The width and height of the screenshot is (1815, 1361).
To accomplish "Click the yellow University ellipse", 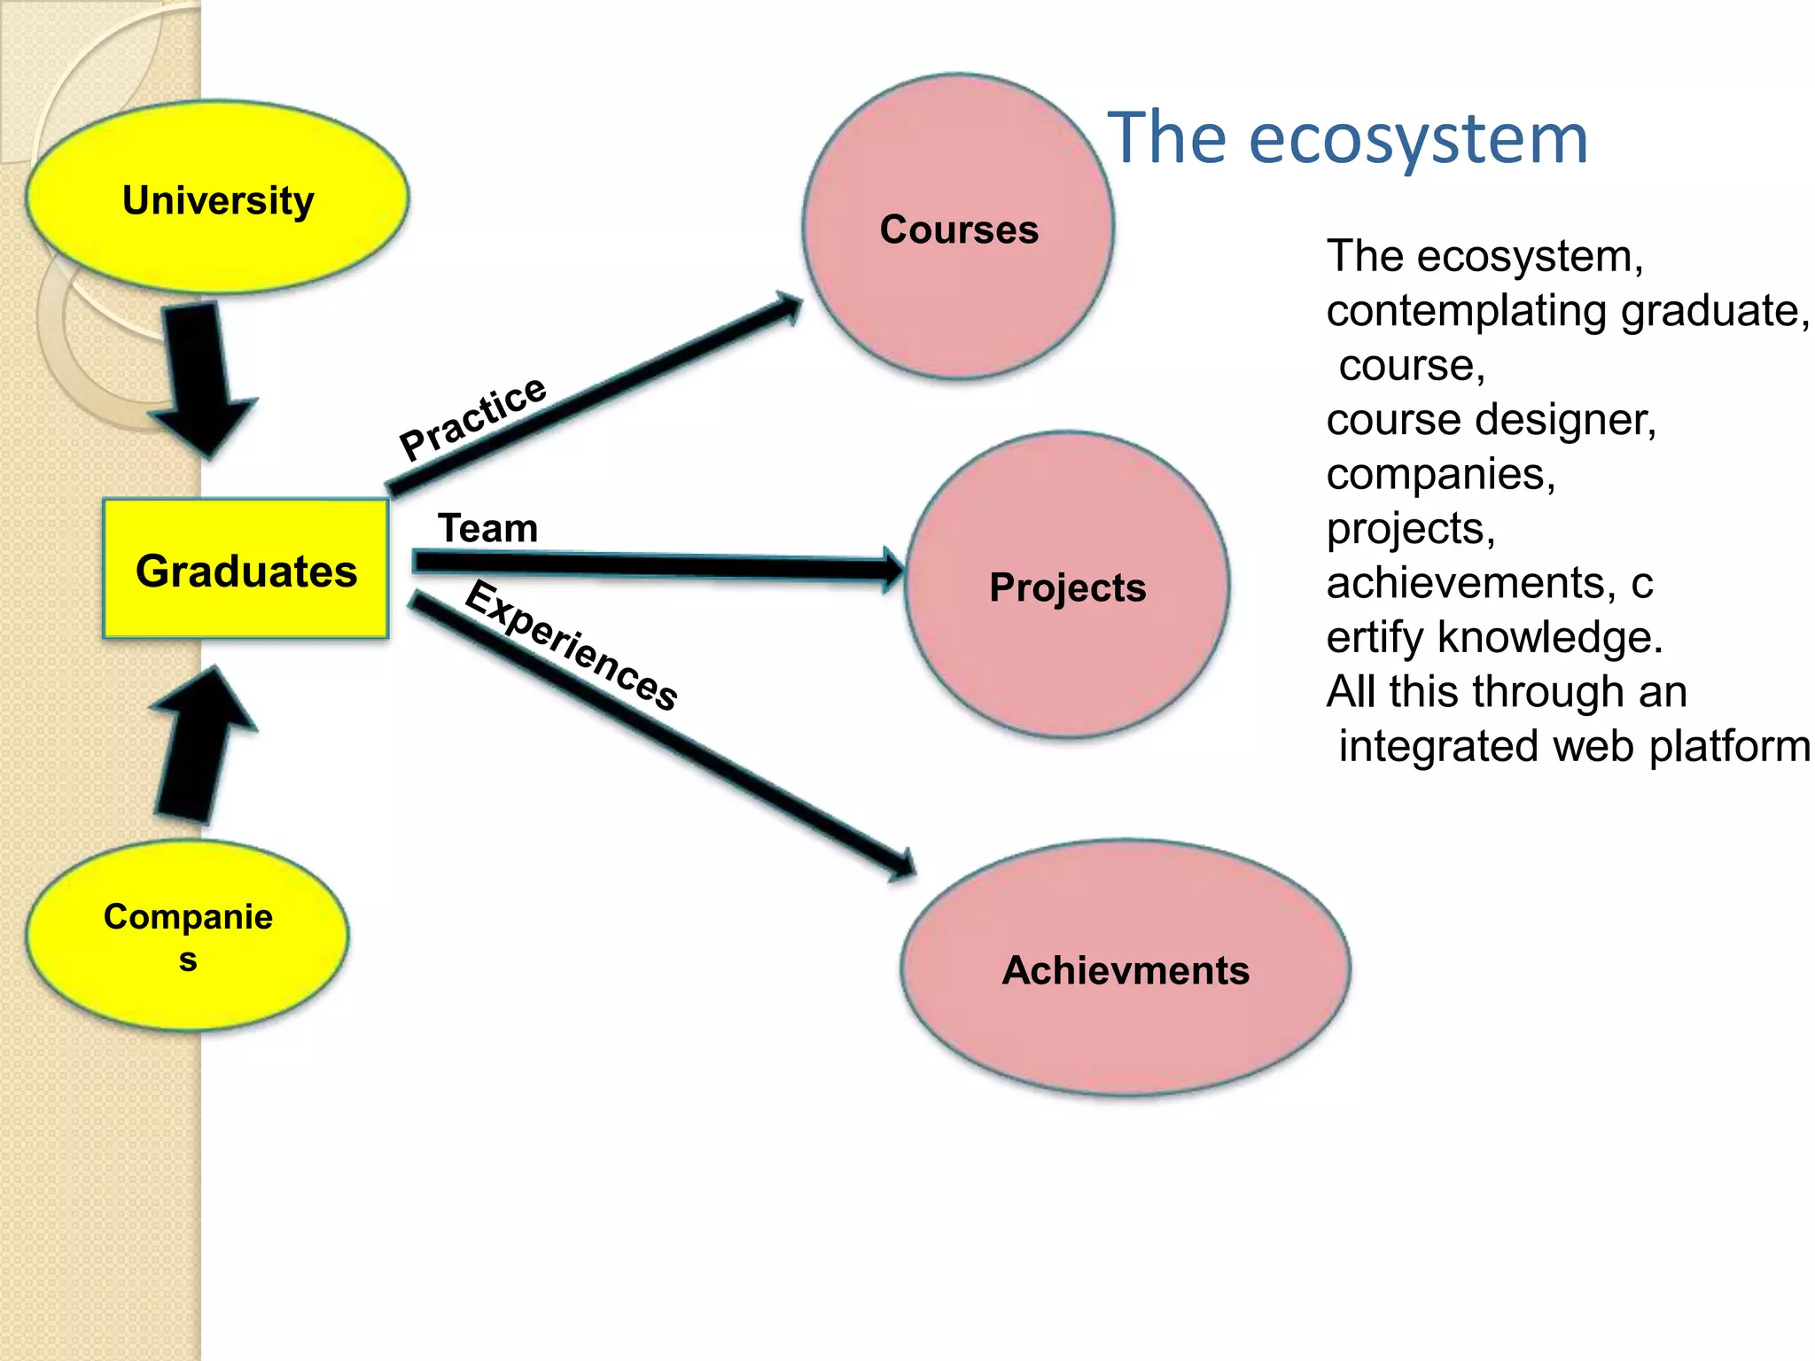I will pyautogui.click(x=218, y=197).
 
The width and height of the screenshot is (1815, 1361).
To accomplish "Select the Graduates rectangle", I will pyautogui.click(x=245, y=569).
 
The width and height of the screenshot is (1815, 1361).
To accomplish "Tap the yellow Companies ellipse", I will pyautogui.click(x=188, y=935).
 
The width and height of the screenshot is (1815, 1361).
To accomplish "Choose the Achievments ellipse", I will pyautogui.click(x=1126, y=968).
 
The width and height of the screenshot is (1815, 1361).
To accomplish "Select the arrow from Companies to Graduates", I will pyautogui.click(x=200, y=744).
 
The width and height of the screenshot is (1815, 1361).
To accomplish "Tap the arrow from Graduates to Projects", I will pyautogui.click(x=656, y=565).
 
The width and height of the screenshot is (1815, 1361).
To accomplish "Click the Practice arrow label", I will pyautogui.click(x=472, y=416).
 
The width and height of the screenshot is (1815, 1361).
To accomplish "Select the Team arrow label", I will pyautogui.click(x=487, y=528).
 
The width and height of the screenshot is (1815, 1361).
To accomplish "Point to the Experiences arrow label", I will pyautogui.click(x=572, y=644).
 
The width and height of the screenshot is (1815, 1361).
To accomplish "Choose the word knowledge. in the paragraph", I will pyautogui.click(x=1550, y=637).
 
